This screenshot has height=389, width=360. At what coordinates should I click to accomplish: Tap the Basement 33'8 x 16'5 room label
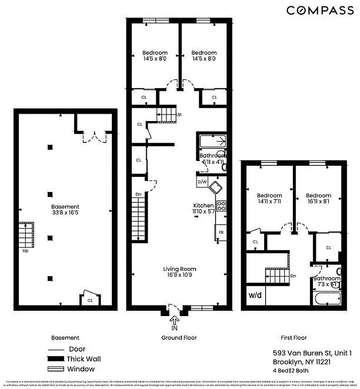click(x=66, y=210)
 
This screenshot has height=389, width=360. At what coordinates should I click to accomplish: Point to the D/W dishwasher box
click(x=202, y=182)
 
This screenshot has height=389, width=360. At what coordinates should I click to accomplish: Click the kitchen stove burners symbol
click(x=221, y=206)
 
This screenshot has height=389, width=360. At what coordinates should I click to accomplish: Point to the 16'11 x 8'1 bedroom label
click(x=319, y=198)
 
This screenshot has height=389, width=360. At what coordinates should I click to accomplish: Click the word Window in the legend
click(x=82, y=369)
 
